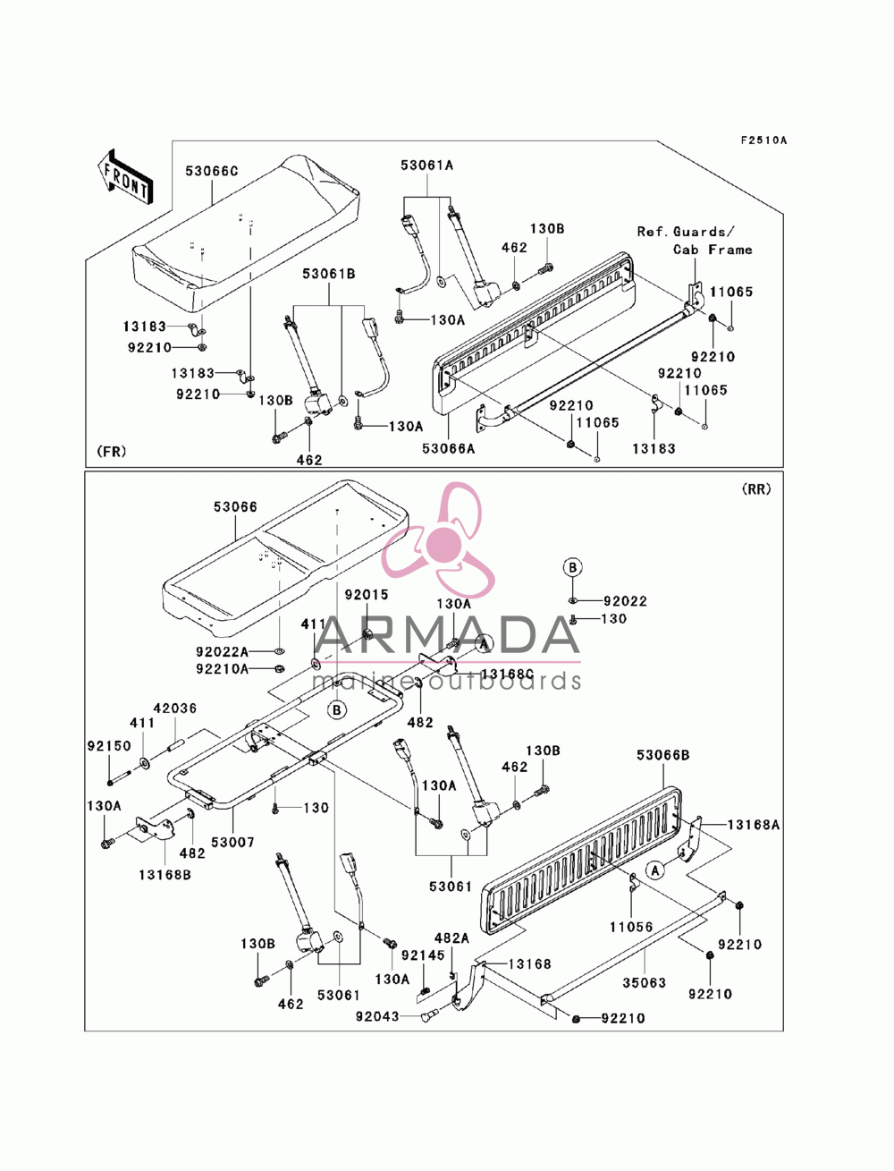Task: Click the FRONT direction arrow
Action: pyautogui.click(x=125, y=176)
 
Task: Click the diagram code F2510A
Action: pyautogui.click(x=763, y=140)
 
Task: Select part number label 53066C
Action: pyautogui.click(x=212, y=171)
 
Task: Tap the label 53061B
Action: pyautogui.click(x=328, y=274)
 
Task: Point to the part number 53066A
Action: pyautogui.click(x=448, y=449)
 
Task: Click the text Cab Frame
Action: pyautogui.click(x=713, y=250)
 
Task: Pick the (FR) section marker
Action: pyautogui.click(x=112, y=452)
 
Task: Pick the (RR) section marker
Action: pyautogui.click(x=756, y=489)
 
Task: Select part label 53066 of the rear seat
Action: pyautogui.click(x=235, y=506)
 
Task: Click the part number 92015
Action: pyautogui.click(x=367, y=594)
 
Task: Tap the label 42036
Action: pyautogui.click(x=175, y=708)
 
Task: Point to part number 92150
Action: pyautogui.click(x=109, y=745)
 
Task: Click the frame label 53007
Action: pyautogui.click(x=232, y=842)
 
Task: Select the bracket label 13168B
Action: pyautogui.click(x=164, y=875)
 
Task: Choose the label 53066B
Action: pyautogui.click(x=663, y=755)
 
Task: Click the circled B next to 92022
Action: pyautogui.click(x=572, y=567)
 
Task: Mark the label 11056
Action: pyautogui.click(x=631, y=927)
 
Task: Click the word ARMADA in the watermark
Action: pyautogui.click(x=447, y=635)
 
